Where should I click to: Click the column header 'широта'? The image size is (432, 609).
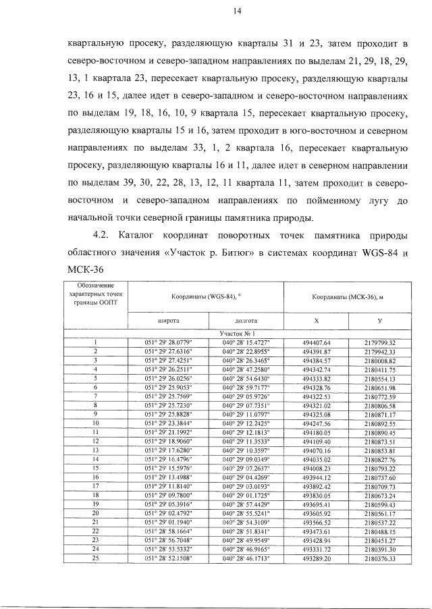[x=169, y=321]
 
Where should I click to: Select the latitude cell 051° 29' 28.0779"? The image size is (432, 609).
[x=169, y=342]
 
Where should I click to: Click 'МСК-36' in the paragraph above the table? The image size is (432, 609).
[x=87, y=270]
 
